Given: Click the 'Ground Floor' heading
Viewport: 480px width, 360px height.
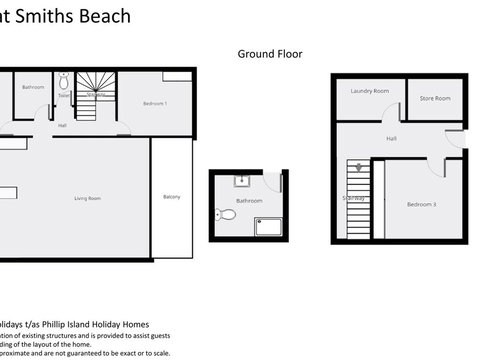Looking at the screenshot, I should (x=269, y=54).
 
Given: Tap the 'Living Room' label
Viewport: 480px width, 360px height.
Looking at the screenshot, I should (x=88, y=198).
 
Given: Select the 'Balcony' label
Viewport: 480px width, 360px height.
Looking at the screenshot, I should (x=172, y=196).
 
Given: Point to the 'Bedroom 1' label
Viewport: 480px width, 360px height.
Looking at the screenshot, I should (x=154, y=104).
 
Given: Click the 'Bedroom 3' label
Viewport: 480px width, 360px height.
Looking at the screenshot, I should (x=421, y=204).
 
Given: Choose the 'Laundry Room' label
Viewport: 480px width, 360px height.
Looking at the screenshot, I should (x=369, y=91).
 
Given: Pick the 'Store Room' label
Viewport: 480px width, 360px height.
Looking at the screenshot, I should (x=435, y=98).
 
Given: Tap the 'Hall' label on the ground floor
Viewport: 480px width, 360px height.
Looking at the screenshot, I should (x=391, y=139).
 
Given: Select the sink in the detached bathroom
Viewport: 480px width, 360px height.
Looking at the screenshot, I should (x=240, y=181).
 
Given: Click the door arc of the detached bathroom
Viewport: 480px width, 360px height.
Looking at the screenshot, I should (x=273, y=183).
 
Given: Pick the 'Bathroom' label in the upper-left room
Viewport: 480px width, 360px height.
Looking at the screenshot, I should (x=33, y=87).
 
